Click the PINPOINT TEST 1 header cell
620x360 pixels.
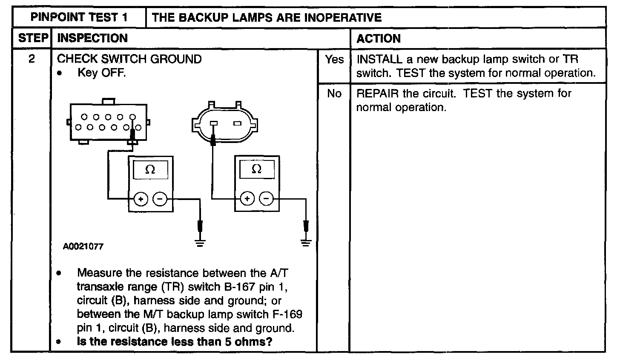pos(80,17)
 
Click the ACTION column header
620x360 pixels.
pos(379,39)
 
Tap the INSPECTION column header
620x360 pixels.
pos(92,38)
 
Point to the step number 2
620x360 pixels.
pos(32,59)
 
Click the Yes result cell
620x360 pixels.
pos(334,60)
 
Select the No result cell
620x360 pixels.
pos(334,94)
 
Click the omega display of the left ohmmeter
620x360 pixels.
pos(150,170)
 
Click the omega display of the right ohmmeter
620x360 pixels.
pos(256,169)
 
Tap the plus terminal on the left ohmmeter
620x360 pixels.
pos(141,199)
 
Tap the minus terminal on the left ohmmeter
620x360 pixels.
pos(160,199)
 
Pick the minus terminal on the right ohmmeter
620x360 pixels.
pos(266,198)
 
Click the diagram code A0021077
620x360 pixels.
pos(83,246)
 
